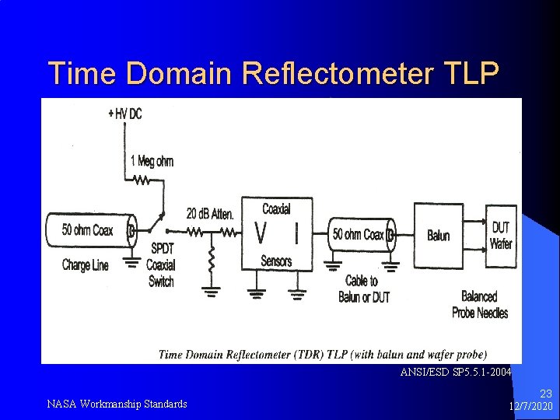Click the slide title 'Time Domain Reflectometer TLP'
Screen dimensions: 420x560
273,73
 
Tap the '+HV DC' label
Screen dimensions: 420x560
125,114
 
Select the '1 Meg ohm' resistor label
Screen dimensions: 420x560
152,162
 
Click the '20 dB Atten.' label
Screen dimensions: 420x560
210,213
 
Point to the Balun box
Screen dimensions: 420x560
439,235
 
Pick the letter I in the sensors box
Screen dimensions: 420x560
296,233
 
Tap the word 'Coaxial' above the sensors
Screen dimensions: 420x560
277,208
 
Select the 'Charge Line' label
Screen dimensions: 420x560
86,265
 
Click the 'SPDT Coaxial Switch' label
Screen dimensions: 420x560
161,265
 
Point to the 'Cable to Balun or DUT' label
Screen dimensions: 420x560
363,289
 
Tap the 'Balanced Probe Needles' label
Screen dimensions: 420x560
480,305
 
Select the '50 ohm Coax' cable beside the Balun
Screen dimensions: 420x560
359,234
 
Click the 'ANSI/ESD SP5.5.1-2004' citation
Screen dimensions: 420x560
456,373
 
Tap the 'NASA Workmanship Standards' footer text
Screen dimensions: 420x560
117,404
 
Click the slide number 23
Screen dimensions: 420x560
544,394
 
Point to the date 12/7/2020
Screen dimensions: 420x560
531,407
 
